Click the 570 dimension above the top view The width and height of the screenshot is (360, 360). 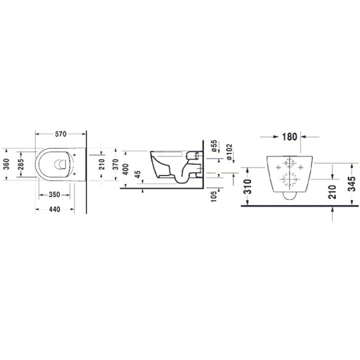[60, 134]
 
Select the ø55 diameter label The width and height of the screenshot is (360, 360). [213, 146]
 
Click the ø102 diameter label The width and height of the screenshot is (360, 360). [229, 150]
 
